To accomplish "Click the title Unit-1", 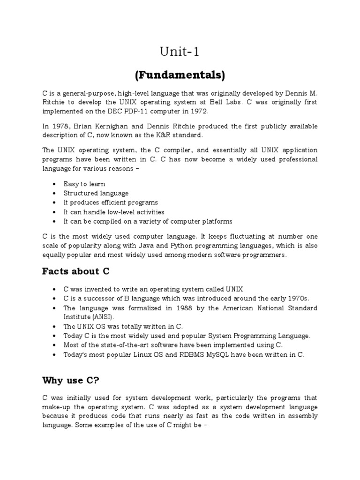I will point(180,52).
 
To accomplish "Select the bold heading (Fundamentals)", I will point(180,75).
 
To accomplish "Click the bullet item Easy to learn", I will point(84,184).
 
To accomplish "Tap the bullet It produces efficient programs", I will point(111,202).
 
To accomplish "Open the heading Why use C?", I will point(68,380).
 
